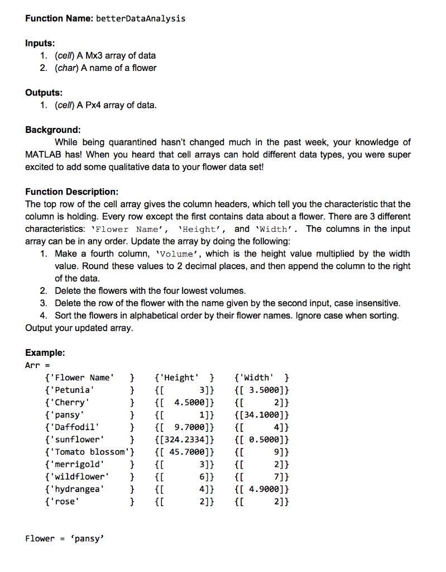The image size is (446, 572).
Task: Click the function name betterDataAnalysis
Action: click(x=141, y=18)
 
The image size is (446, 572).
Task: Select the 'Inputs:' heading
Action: click(x=40, y=43)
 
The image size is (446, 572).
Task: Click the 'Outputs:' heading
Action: click(x=44, y=92)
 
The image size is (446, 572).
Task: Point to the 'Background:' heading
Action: click(x=53, y=130)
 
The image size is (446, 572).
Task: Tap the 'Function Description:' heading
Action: click(x=71, y=192)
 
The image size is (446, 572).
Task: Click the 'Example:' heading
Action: click(x=45, y=353)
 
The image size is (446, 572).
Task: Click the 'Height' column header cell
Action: click(x=179, y=377)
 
